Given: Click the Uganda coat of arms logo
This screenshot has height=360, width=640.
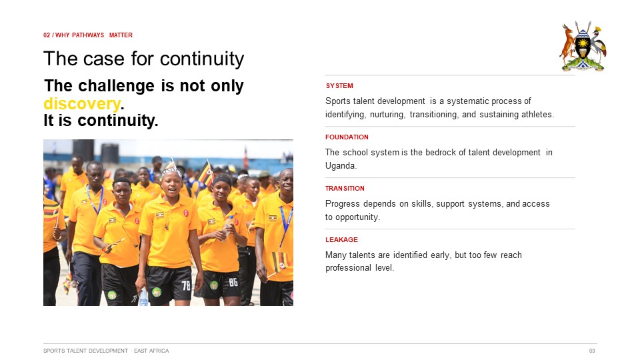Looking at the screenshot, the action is pyautogui.click(x=583, y=46).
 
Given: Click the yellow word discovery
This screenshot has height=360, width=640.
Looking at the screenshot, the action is pyautogui.click(x=82, y=104).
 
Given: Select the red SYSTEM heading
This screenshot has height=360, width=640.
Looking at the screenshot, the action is pyautogui.click(x=339, y=86).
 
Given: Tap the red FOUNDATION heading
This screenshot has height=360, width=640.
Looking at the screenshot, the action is pyautogui.click(x=347, y=137).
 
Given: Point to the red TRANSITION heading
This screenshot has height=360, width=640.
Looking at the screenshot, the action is pyautogui.click(x=345, y=188).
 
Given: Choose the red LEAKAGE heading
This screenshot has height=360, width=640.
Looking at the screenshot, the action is pyautogui.click(x=341, y=239).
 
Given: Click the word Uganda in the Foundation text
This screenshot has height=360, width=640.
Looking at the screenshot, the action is pyautogui.click(x=341, y=166).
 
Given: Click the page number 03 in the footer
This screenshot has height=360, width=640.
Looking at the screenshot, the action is pyautogui.click(x=592, y=351).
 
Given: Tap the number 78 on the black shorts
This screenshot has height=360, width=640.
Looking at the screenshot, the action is pyautogui.click(x=186, y=285).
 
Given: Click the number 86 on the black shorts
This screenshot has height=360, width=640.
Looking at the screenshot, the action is pyautogui.click(x=233, y=282).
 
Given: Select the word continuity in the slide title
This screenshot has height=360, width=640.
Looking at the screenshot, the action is pyautogui.click(x=201, y=59).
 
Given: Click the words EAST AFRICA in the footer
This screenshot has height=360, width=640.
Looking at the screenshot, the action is pyautogui.click(x=151, y=351).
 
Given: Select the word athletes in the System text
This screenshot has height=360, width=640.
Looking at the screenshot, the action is pyautogui.click(x=535, y=114).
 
